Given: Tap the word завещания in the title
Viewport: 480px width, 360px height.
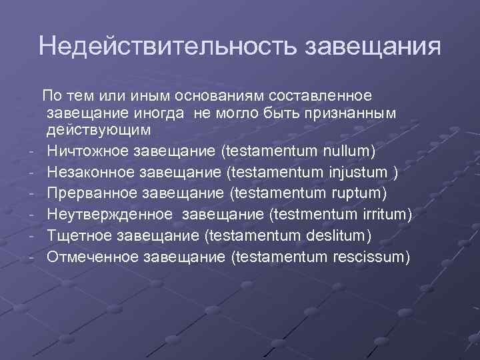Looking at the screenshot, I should click(373, 46).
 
